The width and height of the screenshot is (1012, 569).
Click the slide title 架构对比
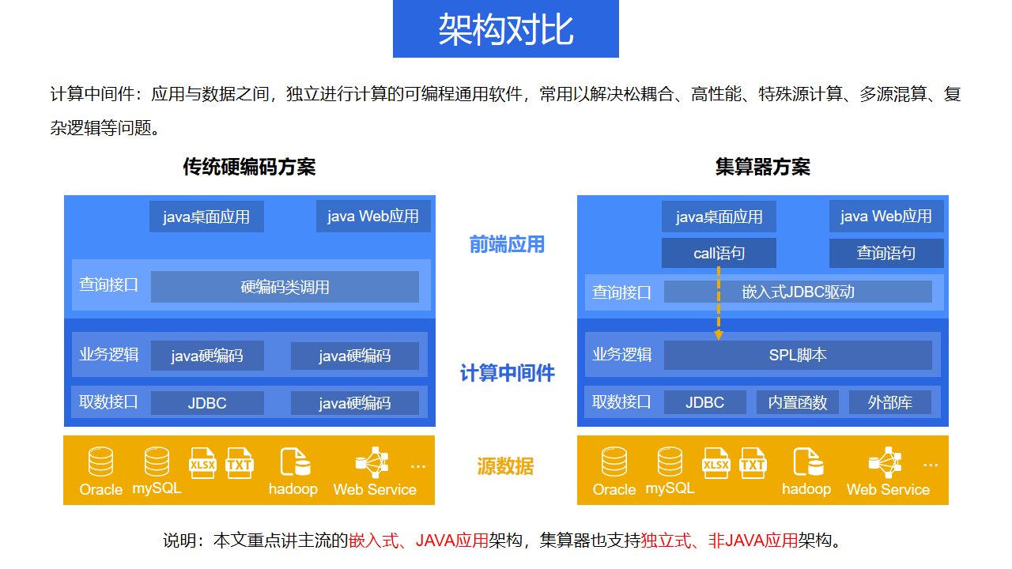tap(505, 29)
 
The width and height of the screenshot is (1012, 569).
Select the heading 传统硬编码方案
tap(249, 167)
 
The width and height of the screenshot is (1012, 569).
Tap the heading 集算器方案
tap(762, 167)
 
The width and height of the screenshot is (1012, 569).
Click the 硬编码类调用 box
tap(285, 287)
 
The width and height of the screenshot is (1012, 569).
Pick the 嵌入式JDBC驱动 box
tap(798, 292)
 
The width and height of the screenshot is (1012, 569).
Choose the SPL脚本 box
tap(798, 355)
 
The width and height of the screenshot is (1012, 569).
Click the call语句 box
tap(719, 253)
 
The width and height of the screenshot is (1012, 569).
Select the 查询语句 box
tap(886, 253)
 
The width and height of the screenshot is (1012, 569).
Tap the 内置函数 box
tap(798, 402)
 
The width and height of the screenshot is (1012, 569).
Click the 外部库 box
tap(890, 402)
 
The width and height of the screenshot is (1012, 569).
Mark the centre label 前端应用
tap(507, 245)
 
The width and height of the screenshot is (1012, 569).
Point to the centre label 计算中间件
tap(507, 373)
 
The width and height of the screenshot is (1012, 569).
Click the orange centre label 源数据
tap(505, 467)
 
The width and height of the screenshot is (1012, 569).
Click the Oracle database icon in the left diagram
tap(100, 462)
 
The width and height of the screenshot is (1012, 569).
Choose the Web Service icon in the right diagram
tap(885, 462)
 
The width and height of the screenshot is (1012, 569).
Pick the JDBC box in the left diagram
tap(207, 403)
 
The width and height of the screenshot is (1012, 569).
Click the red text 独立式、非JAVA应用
tap(719, 541)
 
